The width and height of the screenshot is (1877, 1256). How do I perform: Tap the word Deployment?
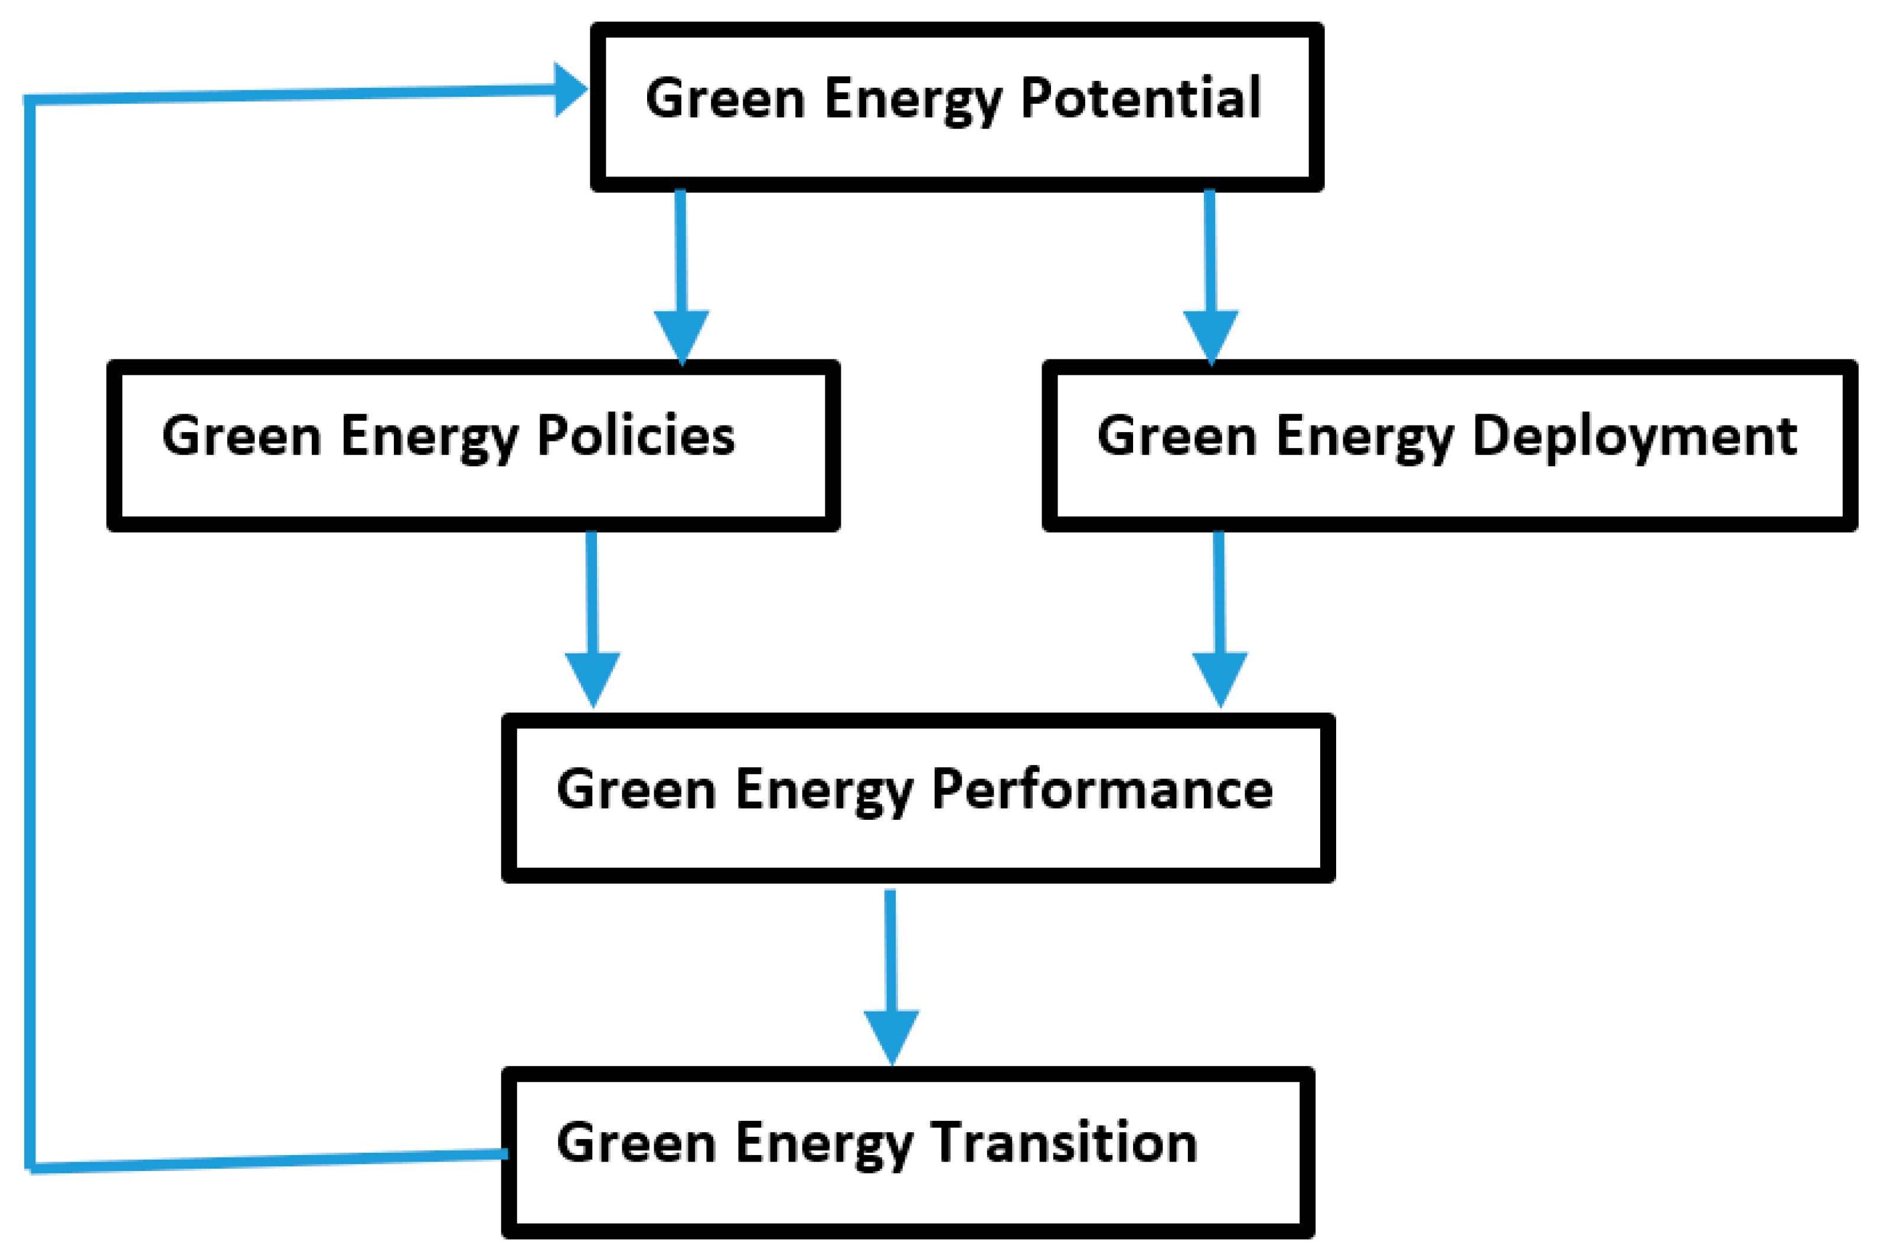pyautogui.click(x=1634, y=437)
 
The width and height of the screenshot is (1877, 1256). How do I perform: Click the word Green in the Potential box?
pyautogui.click(x=724, y=99)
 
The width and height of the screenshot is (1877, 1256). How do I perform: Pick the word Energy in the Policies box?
pyautogui.click(x=429, y=437)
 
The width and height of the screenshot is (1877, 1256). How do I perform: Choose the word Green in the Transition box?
pyautogui.click(x=635, y=1143)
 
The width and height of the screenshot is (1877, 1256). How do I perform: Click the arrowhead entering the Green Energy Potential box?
pyautogui.click(x=569, y=90)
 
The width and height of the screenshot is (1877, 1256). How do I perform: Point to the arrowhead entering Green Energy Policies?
pyautogui.click(x=682, y=334)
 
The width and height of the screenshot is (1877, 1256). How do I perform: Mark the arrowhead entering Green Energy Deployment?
pyautogui.click(x=1210, y=334)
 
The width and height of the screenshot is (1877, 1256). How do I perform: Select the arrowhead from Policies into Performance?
pyautogui.click(x=593, y=677)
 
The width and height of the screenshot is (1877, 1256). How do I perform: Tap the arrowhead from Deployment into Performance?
pyautogui.click(x=1219, y=677)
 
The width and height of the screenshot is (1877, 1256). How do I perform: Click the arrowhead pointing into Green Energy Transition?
pyautogui.click(x=891, y=1034)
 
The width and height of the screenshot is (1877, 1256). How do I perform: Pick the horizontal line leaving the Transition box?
pyautogui.click(x=265, y=1162)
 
